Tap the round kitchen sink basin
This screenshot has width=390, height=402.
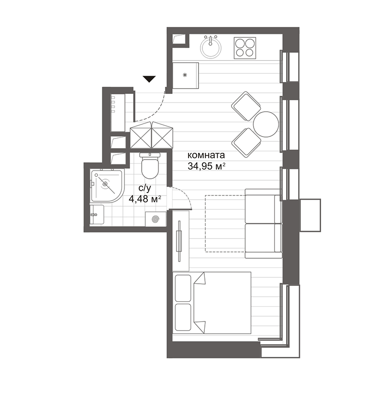(211, 48)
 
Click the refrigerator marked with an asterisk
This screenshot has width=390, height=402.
(185, 75)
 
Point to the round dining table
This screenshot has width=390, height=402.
(266, 124)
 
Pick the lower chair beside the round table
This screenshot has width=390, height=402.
(246, 141)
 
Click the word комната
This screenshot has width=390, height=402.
(206, 156)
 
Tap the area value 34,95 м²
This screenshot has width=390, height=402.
(206, 167)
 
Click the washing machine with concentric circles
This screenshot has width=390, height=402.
(155, 219)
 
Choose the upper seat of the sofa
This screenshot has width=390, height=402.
(263, 206)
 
